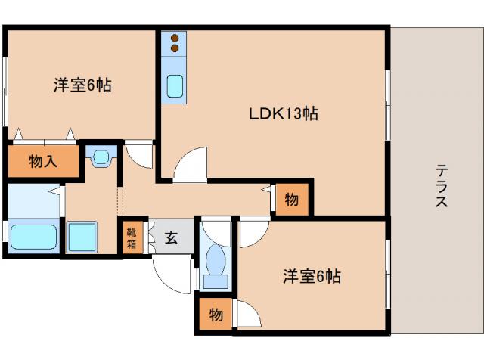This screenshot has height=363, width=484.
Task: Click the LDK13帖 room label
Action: [x=283, y=114]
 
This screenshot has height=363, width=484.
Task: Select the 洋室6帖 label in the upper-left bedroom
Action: [x=82, y=85]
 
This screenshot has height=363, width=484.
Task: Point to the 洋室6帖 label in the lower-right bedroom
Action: [x=312, y=277]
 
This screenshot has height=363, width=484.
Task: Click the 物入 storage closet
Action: [x=43, y=160]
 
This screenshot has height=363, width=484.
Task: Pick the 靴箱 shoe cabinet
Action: [x=130, y=238]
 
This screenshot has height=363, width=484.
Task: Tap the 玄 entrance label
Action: [x=171, y=238]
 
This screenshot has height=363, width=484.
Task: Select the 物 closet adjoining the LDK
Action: [x=292, y=199]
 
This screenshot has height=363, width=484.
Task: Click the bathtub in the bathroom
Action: [x=34, y=237]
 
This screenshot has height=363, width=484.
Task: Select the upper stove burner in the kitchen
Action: [x=175, y=38]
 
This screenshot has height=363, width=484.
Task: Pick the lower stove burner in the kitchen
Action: [x=175, y=49]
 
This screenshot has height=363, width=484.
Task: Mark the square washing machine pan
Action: [x=82, y=237]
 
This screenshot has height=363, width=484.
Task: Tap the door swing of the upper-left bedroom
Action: [x=139, y=155]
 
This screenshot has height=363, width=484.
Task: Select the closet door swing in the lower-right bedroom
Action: [x=247, y=312]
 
